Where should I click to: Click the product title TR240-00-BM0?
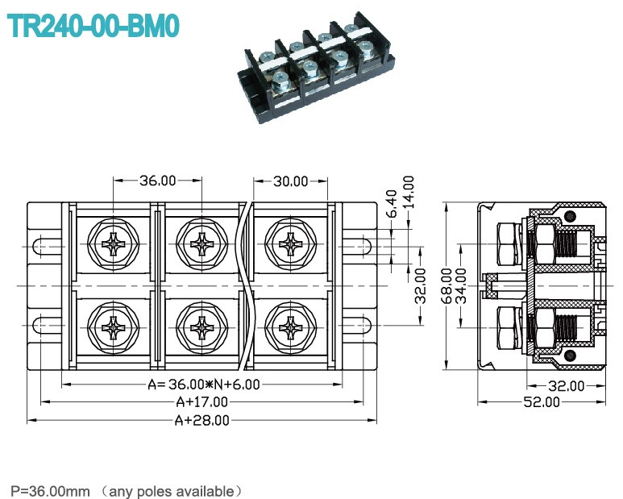93,27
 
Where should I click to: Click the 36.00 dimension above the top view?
158,181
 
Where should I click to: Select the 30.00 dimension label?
290,181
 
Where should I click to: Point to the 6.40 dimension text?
392,203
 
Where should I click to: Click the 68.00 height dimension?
447,286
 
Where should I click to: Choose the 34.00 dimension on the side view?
461,286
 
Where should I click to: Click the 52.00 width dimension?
541,402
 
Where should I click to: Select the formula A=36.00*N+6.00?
204,385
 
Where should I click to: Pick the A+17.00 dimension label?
201,402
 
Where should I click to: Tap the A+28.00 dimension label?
201,420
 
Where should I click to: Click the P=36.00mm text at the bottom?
50,491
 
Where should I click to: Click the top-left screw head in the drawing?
114,244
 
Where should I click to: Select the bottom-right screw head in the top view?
291,327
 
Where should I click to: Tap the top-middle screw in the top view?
201,244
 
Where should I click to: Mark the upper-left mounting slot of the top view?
47,247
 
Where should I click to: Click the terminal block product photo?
317,68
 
